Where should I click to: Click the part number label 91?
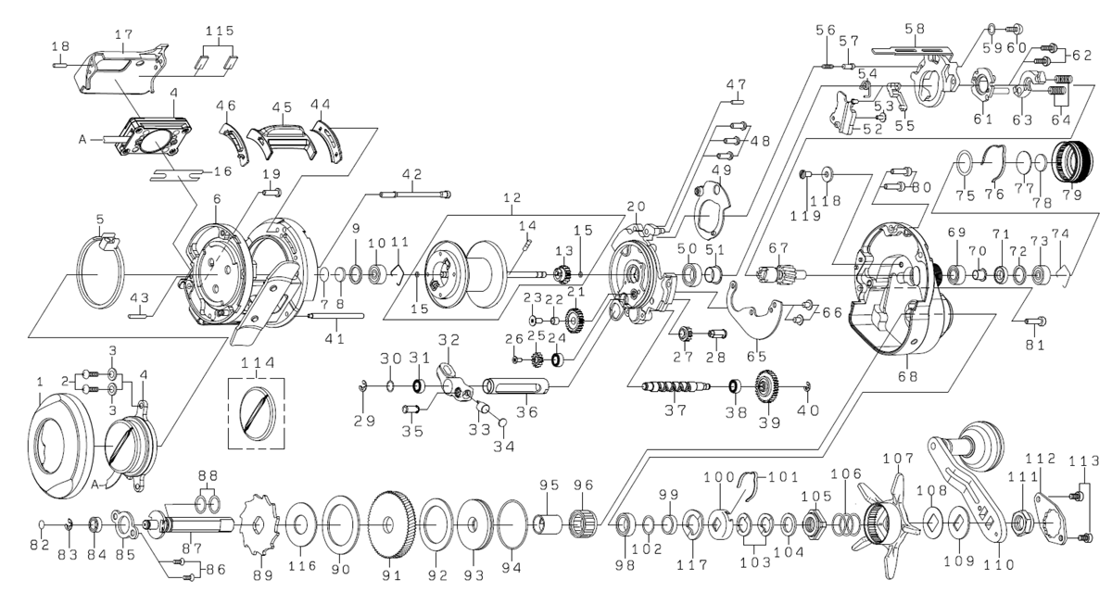click(x=391, y=575)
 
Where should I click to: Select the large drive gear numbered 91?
click(x=391, y=524)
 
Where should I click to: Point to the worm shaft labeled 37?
click(x=676, y=386)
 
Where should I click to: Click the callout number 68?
click(x=907, y=377)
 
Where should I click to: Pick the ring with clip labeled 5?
click(x=100, y=272)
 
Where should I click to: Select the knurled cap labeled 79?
click(x=1072, y=163)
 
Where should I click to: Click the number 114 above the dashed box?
click(x=258, y=363)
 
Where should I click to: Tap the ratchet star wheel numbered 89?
click(x=259, y=523)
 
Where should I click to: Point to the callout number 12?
click(x=512, y=197)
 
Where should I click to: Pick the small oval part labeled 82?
click(x=43, y=524)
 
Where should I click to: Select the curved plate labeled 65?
click(x=754, y=312)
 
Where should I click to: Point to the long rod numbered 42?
click(x=415, y=195)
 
